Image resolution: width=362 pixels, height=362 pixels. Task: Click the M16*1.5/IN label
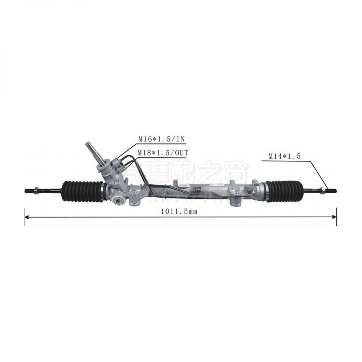162,139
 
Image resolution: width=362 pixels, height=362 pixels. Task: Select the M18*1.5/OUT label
163,153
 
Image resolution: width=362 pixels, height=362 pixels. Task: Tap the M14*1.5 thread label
285,156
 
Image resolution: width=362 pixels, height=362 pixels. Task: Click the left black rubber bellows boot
83,190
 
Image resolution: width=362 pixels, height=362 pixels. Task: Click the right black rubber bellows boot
284,190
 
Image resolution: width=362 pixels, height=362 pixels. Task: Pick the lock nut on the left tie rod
36,191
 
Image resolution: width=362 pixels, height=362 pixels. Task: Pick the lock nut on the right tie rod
321,190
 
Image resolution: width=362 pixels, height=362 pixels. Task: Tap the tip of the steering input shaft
88,144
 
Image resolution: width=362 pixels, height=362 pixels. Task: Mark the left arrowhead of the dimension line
28,217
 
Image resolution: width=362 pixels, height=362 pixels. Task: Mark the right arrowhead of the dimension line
334,217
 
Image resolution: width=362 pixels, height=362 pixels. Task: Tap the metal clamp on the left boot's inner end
103,190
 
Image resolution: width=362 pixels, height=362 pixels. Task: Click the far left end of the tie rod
26,191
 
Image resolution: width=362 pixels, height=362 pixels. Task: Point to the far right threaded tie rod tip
334,190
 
